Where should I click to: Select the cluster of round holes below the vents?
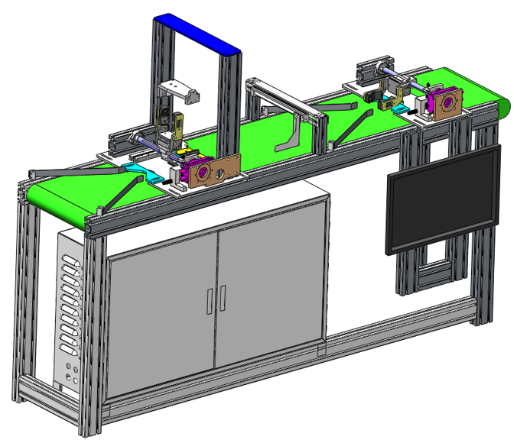tap(73, 377)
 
